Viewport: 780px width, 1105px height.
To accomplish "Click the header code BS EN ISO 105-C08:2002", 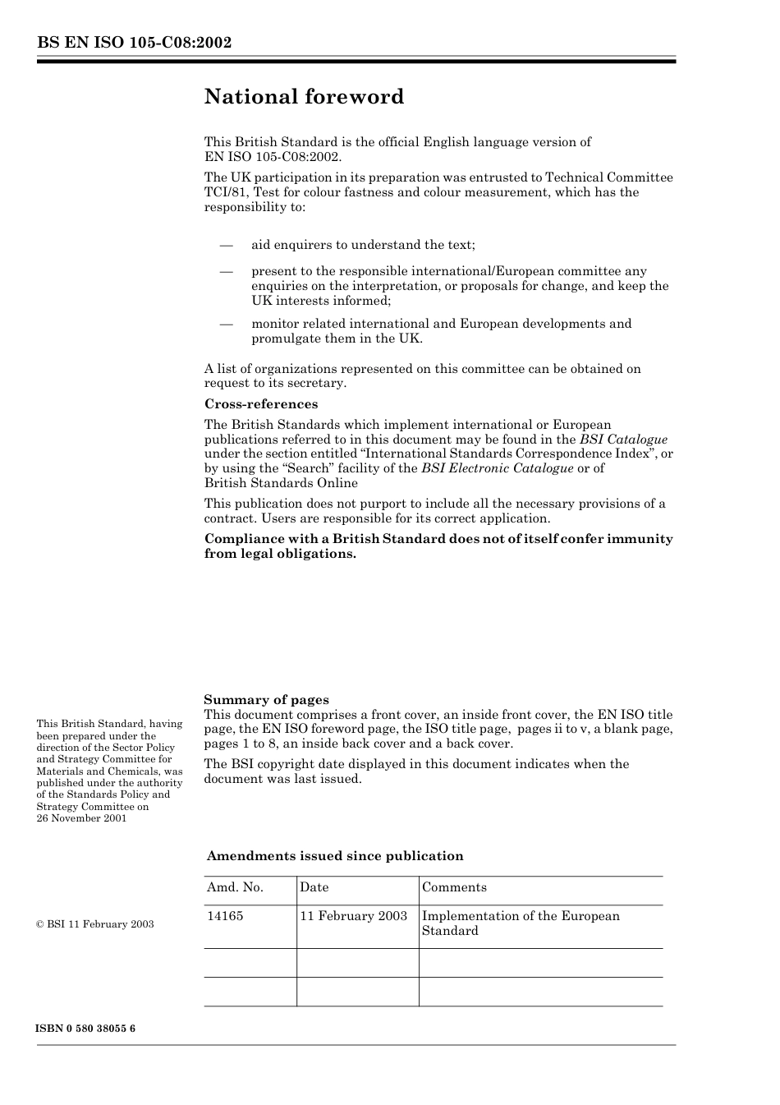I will pos(134,43).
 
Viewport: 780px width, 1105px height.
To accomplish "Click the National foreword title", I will pos(304,97).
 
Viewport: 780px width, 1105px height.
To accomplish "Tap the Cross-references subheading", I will pos(260,404).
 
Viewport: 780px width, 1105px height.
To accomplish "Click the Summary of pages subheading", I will pos(266,700).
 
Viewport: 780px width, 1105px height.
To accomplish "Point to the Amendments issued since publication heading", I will pos(335,856).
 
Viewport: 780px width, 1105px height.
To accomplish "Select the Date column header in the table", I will pos(314,887).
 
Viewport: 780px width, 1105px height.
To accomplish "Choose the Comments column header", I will pos(454,887).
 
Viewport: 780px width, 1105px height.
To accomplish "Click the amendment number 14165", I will pos(225,916).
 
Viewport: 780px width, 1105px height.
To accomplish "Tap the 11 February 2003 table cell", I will pos(353,916).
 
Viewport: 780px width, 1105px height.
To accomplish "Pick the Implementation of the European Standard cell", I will pos(521,923).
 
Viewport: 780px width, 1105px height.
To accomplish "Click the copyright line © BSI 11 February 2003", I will pos(95,924).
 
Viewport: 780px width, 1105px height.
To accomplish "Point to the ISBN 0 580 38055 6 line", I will pos(86,1029).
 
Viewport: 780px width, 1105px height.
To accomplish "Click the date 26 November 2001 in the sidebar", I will pos(81,818).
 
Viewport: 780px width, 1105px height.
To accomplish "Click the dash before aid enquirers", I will pos(227,245).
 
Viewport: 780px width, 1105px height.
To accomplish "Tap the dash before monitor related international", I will pos(227,324).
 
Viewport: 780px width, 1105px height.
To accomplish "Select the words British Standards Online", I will pos(281,483).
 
